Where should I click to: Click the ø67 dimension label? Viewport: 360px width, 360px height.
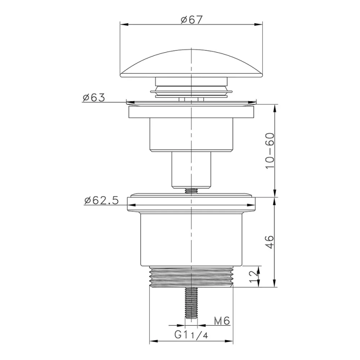tap(192, 20)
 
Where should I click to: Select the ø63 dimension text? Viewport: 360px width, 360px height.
tap(94, 98)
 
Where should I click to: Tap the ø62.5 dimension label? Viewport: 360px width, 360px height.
tap(101, 200)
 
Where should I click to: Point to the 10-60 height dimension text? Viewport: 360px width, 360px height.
tap(270, 151)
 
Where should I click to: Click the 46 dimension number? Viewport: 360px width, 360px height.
tap(270, 242)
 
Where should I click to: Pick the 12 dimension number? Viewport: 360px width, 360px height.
tap(253, 276)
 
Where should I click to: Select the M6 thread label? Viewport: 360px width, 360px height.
tap(222, 321)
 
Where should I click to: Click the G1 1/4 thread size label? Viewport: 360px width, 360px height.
tap(191, 335)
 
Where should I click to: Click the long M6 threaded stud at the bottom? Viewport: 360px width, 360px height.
tap(191, 303)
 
